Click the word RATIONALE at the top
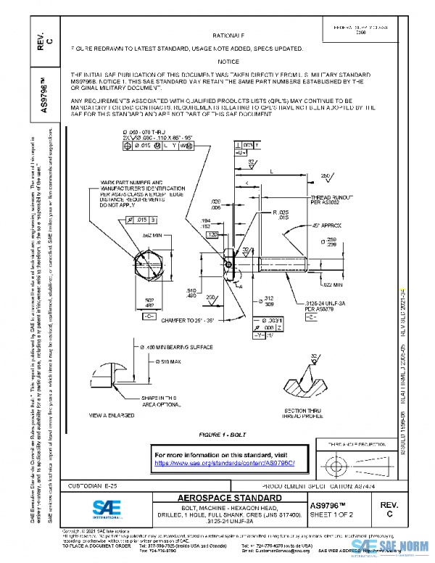[x=228, y=35]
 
